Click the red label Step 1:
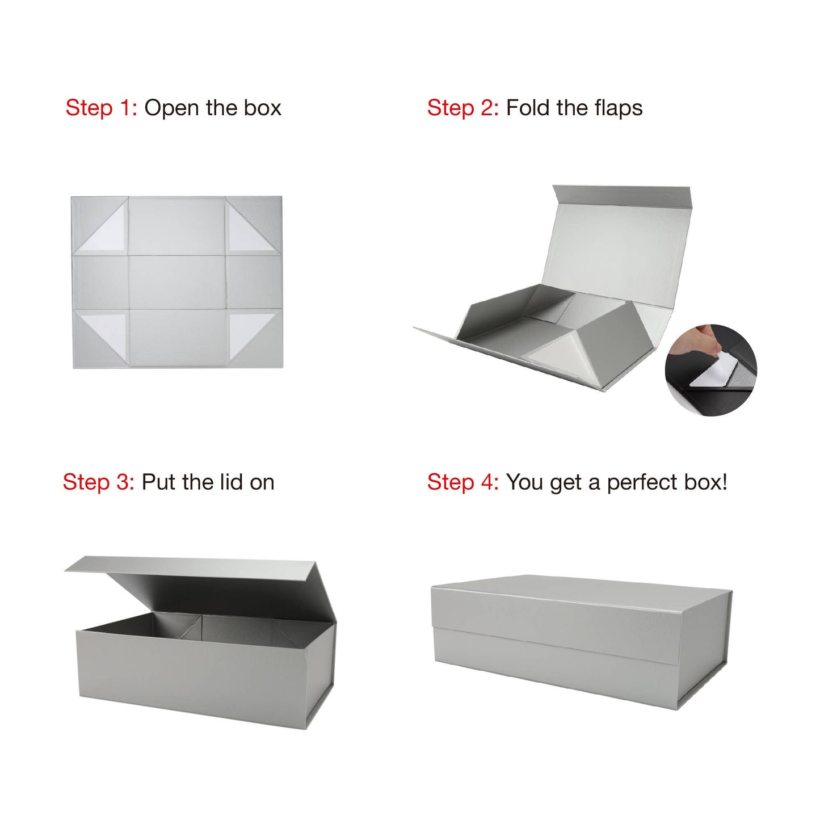[x=101, y=108]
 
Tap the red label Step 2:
[x=462, y=108]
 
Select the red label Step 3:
[x=98, y=482]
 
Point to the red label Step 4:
[x=462, y=482]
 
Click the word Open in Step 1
[x=172, y=108]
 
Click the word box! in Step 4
[x=706, y=482]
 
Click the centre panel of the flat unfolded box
[x=177, y=282]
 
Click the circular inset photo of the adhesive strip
[x=711, y=370]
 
